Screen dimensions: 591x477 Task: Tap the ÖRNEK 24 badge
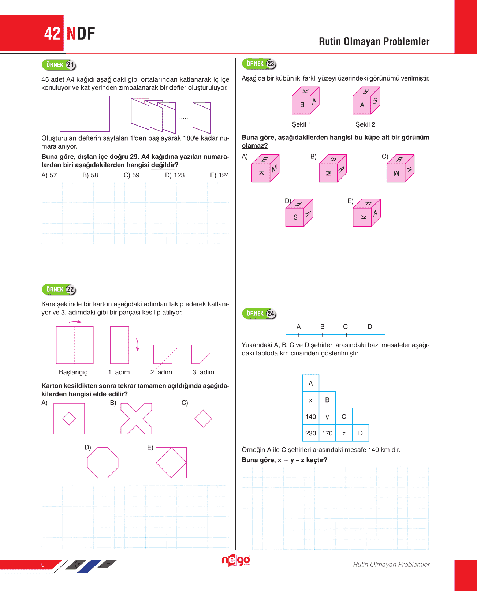(259, 314)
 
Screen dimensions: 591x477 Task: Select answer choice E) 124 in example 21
(219, 175)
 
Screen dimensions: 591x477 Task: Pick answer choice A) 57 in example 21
(49, 175)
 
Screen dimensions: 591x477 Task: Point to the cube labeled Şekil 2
(366, 101)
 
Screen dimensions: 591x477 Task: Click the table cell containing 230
(310, 433)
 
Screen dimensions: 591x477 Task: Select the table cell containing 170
(327, 433)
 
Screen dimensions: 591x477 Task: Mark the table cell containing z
(344, 433)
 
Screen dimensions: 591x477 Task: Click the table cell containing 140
(310, 417)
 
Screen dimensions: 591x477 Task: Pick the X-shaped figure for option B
(136, 419)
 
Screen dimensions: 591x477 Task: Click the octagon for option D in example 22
(103, 463)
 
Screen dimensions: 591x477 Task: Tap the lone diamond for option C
(203, 419)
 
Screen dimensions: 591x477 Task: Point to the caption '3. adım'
(203, 372)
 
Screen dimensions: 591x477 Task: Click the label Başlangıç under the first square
(73, 372)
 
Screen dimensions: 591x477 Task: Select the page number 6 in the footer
(43, 564)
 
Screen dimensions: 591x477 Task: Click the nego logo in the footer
(236, 560)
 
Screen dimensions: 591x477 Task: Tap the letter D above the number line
(370, 326)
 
